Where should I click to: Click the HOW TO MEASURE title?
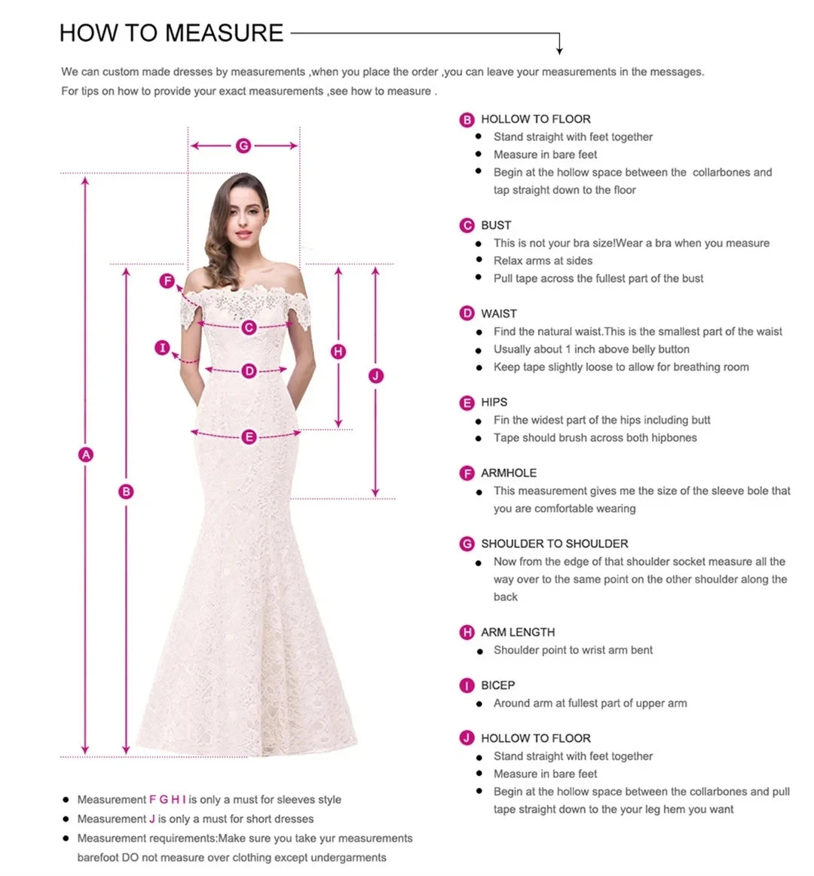click(171, 33)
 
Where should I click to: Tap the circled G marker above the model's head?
click(243, 145)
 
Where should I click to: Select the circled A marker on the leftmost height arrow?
click(86, 455)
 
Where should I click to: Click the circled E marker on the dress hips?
click(249, 437)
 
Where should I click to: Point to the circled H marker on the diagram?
click(338, 351)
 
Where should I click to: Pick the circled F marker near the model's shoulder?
click(167, 281)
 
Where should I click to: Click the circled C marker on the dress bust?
click(249, 328)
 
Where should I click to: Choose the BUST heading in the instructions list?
click(496, 225)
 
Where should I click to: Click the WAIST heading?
click(499, 314)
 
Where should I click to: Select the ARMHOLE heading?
click(509, 473)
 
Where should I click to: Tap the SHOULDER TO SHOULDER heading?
click(554, 544)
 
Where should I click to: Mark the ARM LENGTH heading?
click(518, 632)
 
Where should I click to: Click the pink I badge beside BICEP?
click(467, 685)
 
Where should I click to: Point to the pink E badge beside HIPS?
click(467, 403)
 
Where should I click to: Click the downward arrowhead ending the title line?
click(559, 51)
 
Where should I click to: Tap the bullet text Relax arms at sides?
click(543, 261)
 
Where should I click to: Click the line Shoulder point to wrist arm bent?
click(573, 651)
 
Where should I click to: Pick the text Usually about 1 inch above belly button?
click(591, 350)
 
